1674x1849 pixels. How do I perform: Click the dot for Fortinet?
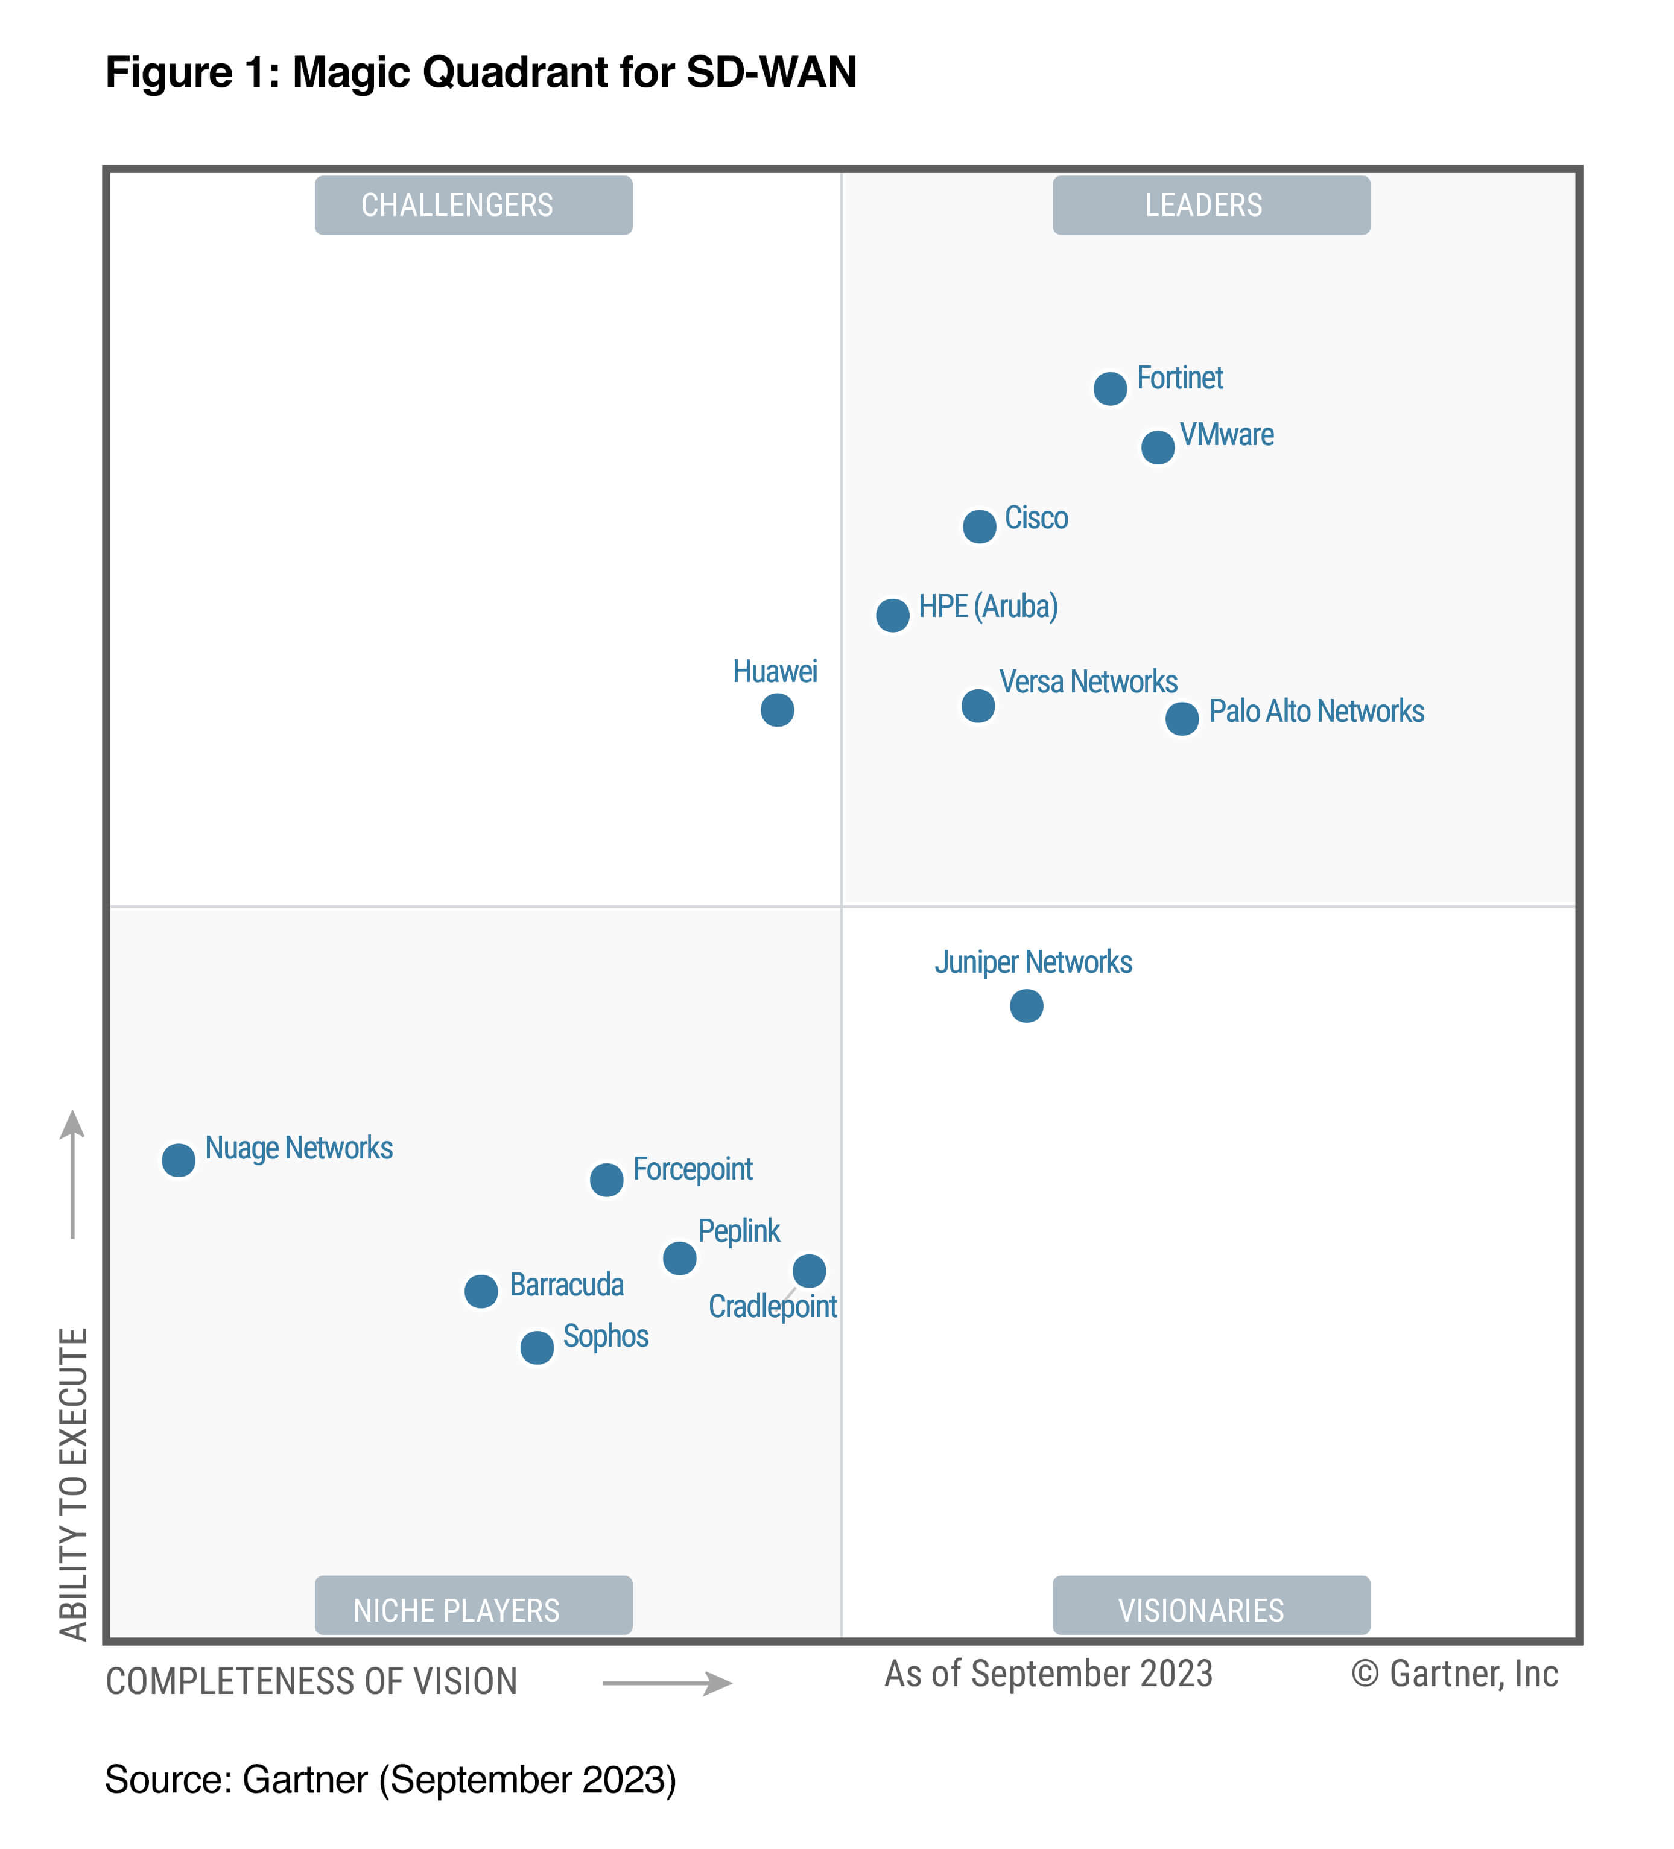(1110, 389)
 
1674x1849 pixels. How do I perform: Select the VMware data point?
(1158, 447)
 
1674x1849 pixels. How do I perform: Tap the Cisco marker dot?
(978, 526)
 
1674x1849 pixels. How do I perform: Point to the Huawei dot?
(777, 710)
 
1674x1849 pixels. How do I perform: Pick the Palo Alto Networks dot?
(1181, 718)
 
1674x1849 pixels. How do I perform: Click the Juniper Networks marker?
(1026, 1006)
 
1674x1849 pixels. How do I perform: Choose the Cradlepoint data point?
(809, 1271)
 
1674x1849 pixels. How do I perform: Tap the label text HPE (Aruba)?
(988, 606)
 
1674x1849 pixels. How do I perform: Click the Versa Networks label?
(1088, 681)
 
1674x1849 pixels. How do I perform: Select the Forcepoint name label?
(693, 1169)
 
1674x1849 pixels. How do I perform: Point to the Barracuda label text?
(566, 1285)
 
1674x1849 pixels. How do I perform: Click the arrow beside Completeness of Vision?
(667, 1683)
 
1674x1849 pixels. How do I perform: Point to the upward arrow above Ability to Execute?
(72, 1174)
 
